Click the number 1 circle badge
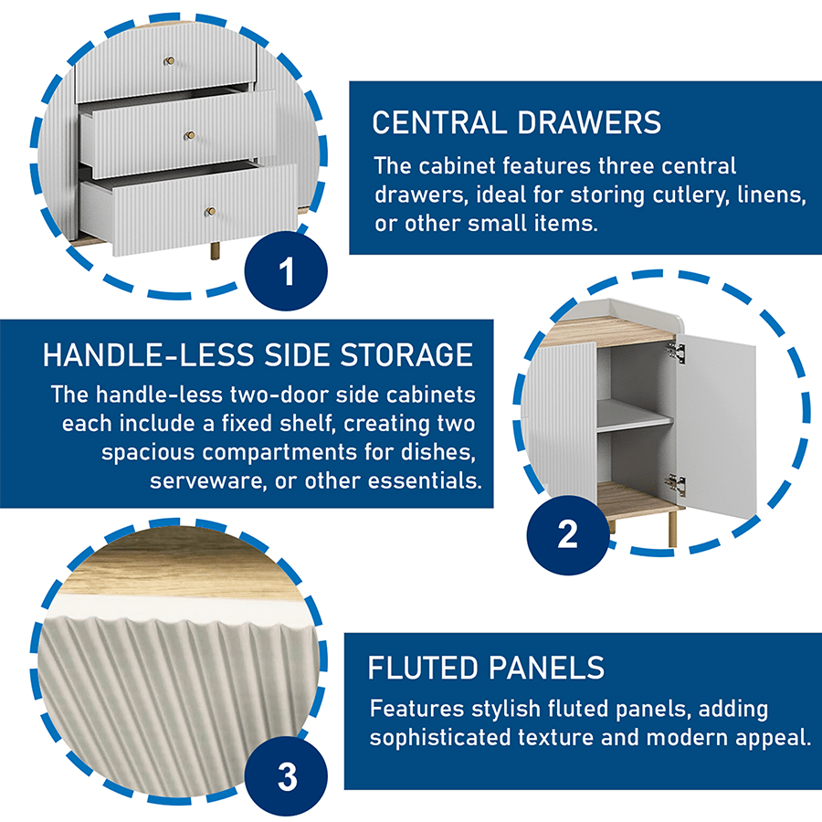pos(286,271)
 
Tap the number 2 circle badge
pos(568,534)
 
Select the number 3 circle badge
pos(286,776)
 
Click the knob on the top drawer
pos(169,61)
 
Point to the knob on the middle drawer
pos(189,136)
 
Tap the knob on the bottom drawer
pos(210,211)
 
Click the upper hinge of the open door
pos(676,351)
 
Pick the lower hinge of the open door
pos(676,484)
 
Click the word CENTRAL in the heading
pos(439,122)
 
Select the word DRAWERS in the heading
pos(589,122)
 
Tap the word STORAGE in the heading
pos(406,355)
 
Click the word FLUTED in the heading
pos(423,668)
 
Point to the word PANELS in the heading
pos(547,668)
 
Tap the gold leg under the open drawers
pos(215,250)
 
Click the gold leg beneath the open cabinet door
pos(672,529)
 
